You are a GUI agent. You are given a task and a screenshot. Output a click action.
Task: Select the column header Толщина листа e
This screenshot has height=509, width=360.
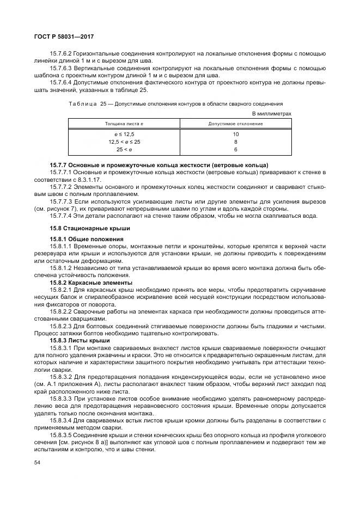click(124, 124)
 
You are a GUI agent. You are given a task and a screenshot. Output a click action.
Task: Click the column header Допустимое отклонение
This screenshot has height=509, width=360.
click(235, 124)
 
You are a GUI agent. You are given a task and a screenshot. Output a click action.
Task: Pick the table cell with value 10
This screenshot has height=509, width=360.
click(236, 134)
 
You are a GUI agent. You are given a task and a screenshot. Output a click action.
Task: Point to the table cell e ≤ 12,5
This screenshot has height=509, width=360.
click(124, 134)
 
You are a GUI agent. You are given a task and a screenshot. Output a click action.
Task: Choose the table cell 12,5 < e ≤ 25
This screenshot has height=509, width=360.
click(124, 142)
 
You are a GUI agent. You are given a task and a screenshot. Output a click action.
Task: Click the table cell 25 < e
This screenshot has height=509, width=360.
click(124, 149)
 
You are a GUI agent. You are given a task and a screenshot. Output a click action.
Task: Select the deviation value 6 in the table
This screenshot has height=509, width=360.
click(236, 149)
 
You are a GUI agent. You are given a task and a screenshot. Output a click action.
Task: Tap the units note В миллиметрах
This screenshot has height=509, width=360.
click(272, 113)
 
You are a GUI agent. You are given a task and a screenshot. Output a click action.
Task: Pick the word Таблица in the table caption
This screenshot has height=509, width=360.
click(83, 103)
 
